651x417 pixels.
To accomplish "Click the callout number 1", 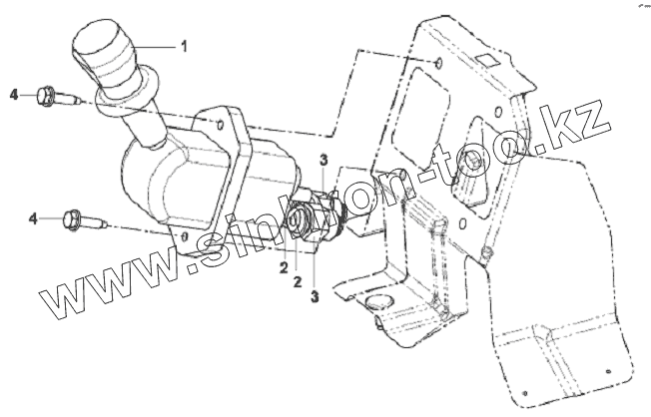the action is [184, 46].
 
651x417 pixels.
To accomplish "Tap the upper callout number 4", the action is [14, 95].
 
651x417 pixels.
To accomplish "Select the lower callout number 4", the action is [34, 216].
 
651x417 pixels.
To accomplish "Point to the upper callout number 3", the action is [324, 160].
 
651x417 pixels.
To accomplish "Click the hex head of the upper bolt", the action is [45, 96].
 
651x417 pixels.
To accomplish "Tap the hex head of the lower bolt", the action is [72, 216].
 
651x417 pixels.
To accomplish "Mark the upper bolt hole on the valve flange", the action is [216, 124].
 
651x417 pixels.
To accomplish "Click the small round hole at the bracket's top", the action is [439, 66].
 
